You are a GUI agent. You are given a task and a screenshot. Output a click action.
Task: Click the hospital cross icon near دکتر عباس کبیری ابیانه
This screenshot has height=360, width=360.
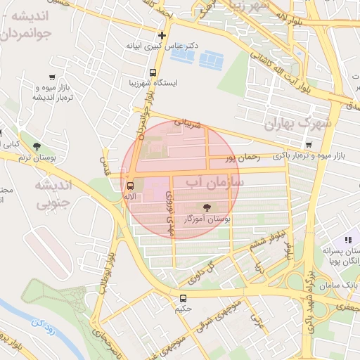tap(162, 34)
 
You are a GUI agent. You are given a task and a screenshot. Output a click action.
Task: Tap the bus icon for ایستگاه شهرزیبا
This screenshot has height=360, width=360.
tap(153, 72)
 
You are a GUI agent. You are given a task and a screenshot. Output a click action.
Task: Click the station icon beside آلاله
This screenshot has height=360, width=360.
tap(129, 186)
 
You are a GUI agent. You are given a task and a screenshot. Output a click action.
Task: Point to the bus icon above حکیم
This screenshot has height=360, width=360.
tap(184, 297)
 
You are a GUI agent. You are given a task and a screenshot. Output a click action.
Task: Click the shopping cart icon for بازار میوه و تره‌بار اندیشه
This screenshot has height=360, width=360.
tap(52, 77)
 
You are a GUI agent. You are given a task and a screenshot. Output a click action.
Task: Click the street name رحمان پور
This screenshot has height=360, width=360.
tap(243, 159)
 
